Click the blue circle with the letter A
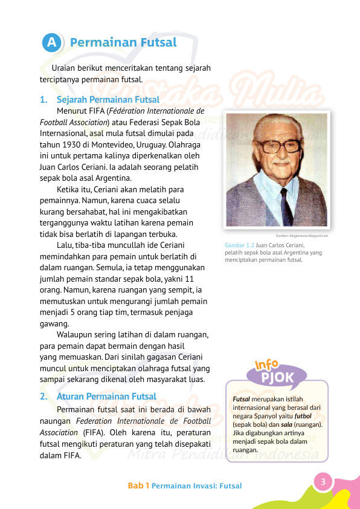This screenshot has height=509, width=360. point(53,43)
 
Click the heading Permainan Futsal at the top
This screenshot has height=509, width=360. point(123,42)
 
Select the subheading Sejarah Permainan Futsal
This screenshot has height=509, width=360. point(108,100)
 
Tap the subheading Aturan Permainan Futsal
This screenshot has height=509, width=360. point(106,397)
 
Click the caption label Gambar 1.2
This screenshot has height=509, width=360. point(239,245)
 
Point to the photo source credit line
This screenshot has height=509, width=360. point(301,235)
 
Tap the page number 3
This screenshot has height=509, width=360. point(323,482)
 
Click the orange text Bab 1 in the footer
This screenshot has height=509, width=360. point(138,485)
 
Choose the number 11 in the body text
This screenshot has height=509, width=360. point(189,278)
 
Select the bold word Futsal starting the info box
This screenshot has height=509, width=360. point(242,400)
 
